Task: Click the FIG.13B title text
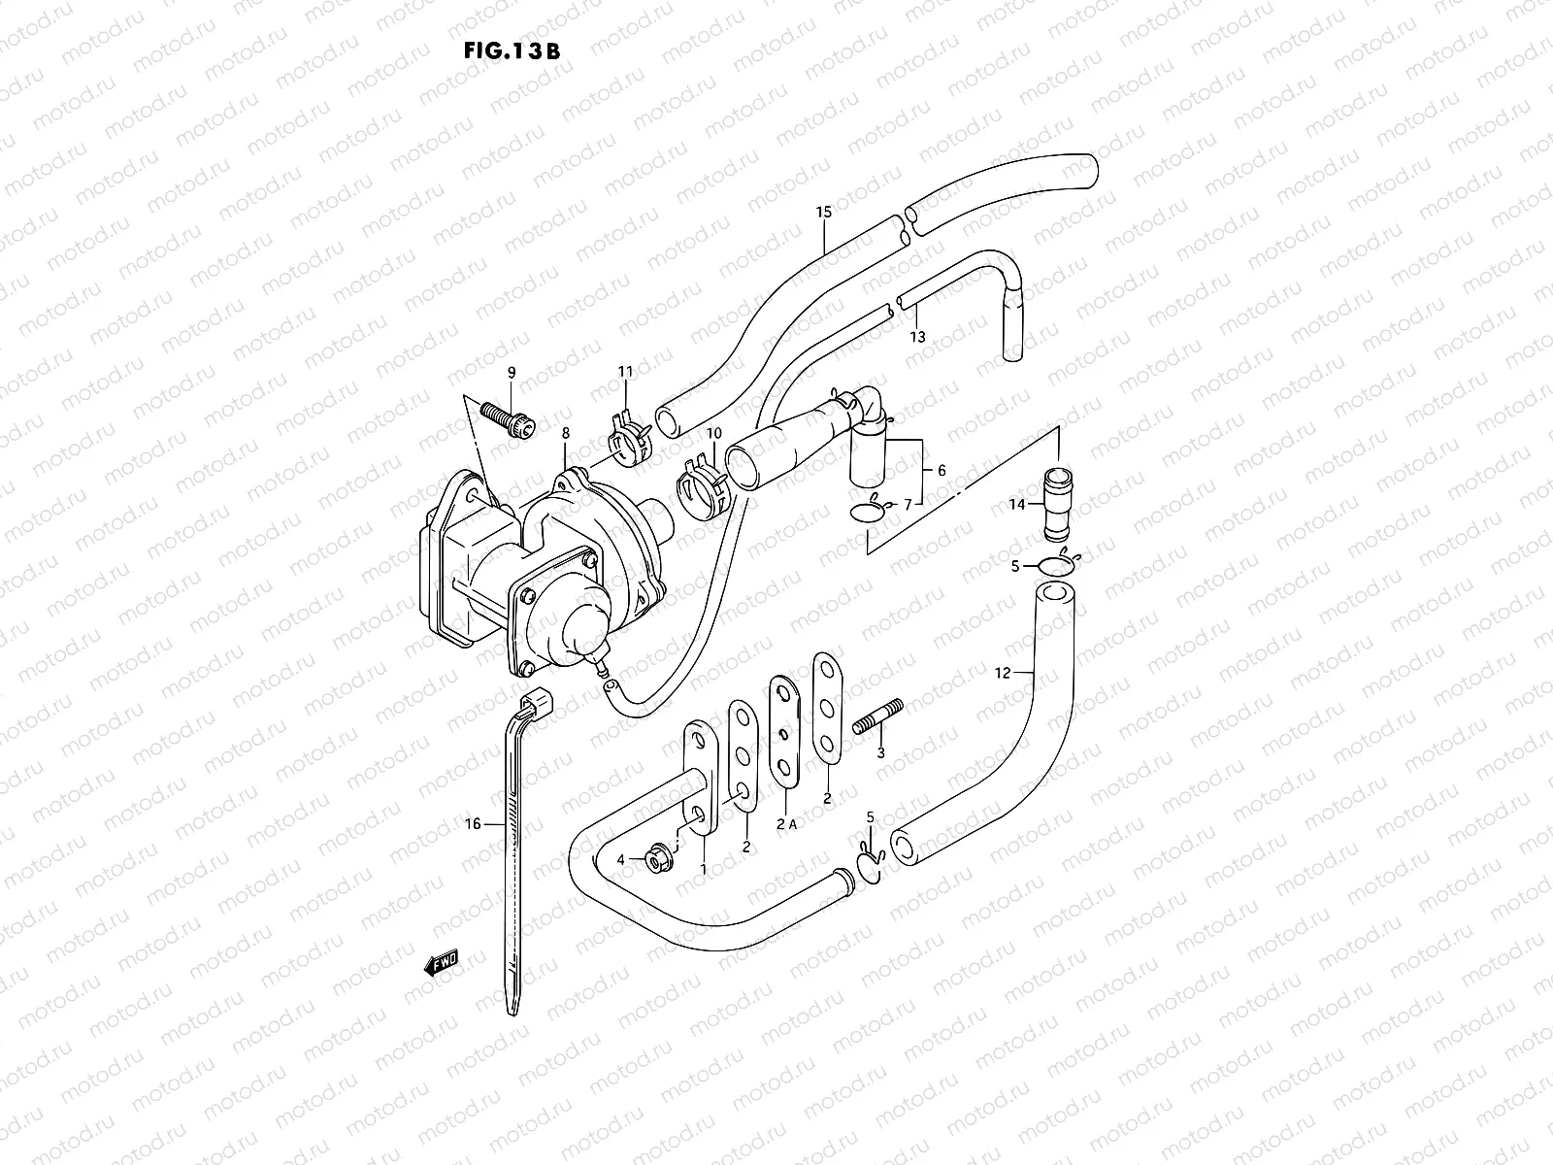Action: (x=512, y=50)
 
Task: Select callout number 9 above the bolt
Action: (x=512, y=372)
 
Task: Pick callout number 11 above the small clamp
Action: (x=625, y=372)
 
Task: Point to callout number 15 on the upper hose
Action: (x=824, y=212)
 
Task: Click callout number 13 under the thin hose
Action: (x=917, y=337)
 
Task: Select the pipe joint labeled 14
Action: (x=1057, y=504)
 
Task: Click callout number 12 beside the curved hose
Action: (x=1003, y=672)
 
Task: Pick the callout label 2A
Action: (x=785, y=824)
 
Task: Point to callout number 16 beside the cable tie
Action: (x=473, y=824)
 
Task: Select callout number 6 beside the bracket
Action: (x=941, y=470)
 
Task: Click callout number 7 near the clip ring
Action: (x=908, y=504)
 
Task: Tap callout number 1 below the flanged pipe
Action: (x=705, y=870)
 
